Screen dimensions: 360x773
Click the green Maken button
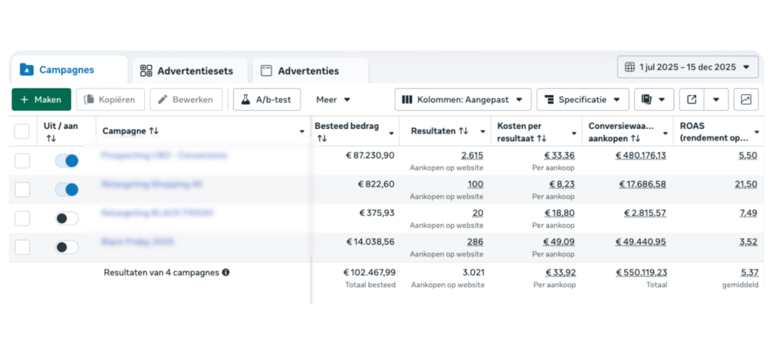tap(42, 100)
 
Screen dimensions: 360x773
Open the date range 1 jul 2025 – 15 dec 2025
tap(688, 67)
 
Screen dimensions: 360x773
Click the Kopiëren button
tap(110, 100)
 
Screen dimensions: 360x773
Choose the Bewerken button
tap(186, 100)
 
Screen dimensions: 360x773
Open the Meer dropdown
tap(333, 100)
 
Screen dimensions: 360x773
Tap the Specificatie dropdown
tap(582, 100)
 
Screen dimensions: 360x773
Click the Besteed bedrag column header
tap(346, 126)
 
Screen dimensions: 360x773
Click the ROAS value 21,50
tap(747, 184)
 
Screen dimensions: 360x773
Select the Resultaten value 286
tap(475, 242)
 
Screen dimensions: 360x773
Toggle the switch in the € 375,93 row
tap(66, 218)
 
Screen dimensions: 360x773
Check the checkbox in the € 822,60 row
tap(23, 189)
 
